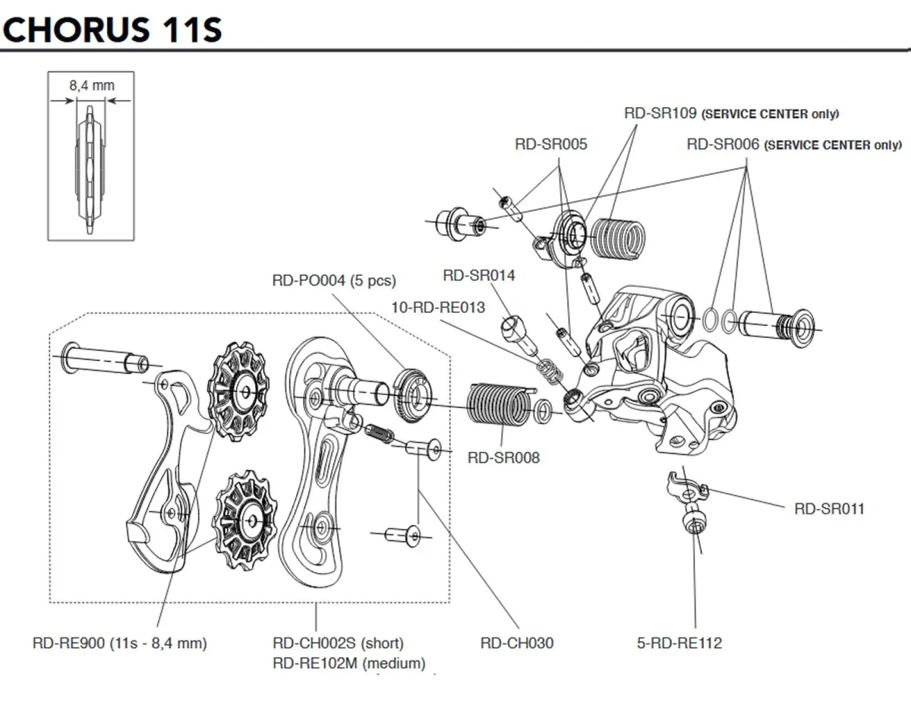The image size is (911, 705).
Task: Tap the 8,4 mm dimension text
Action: (x=91, y=85)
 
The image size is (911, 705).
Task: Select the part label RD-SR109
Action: (x=660, y=114)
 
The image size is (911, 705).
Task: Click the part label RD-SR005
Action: (x=551, y=144)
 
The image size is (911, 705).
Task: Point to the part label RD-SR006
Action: (x=722, y=144)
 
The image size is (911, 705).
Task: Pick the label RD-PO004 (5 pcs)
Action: (x=334, y=280)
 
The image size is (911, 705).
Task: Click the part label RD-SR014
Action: (x=478, y=275)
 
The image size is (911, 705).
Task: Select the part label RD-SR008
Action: (x=504, y=457)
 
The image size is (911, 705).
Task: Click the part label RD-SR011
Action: (x=829, y=509)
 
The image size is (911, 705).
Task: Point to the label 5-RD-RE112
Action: (x=679, y=643)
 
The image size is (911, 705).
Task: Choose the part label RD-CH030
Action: (x=517, y=643)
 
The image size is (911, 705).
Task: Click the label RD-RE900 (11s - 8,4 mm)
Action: (x=120, y=643)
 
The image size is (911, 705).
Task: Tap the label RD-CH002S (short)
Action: (x=338, y=643)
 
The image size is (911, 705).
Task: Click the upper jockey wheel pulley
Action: (x=240, y=389)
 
